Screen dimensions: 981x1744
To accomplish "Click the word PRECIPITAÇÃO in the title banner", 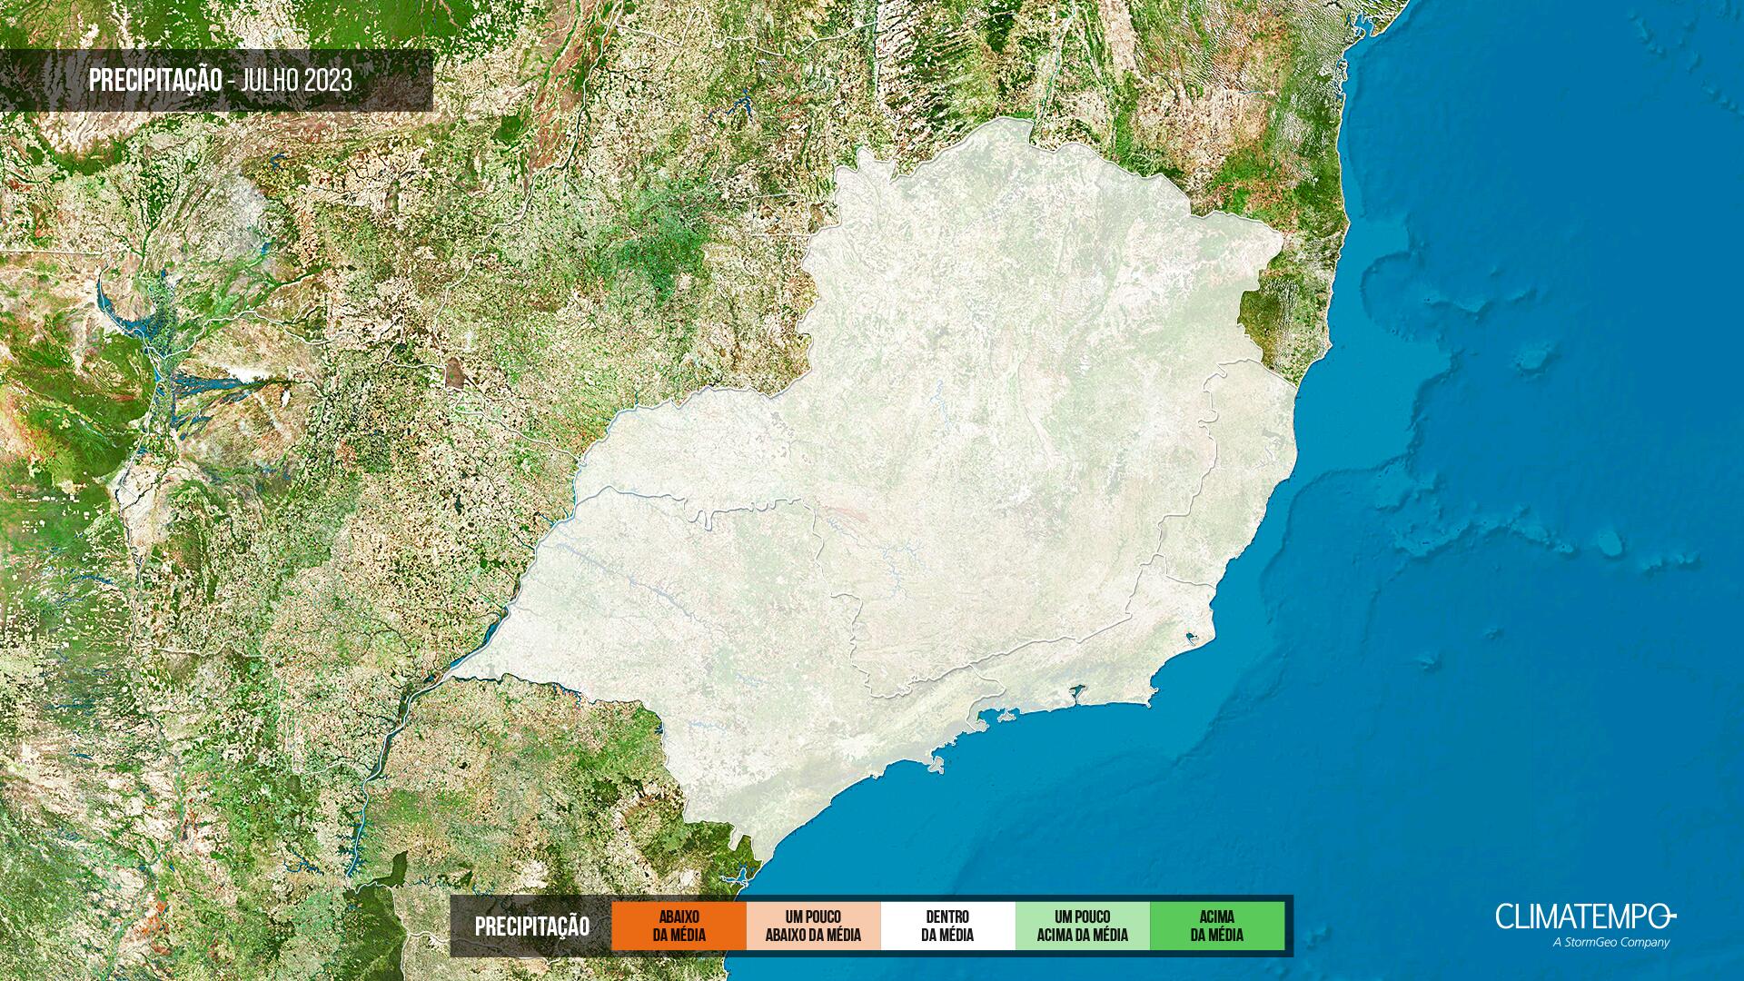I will (155, 80).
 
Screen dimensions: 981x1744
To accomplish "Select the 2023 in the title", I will (328, 80).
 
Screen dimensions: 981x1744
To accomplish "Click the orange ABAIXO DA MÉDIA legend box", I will (679, 926).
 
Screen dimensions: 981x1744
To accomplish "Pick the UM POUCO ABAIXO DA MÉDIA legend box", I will (813, 926).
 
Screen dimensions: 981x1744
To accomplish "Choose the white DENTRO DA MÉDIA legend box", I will (947, 926).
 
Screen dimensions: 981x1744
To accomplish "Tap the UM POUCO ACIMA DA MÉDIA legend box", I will (1082, 926).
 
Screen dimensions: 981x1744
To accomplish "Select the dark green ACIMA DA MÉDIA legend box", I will (1217, 926).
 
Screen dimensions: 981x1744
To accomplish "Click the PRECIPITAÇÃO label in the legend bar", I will (531, 926).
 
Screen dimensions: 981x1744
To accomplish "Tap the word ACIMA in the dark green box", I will (1217, 917).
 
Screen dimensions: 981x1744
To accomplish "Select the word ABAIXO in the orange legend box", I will (679, 917).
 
